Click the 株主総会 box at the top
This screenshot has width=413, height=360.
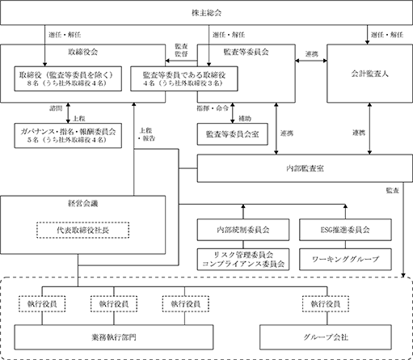tap(206, 13)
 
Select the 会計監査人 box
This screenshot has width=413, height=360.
tap(369, 74)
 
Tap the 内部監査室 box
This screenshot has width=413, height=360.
tap(305, 168)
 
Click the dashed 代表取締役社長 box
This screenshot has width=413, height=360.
tap(82, 230)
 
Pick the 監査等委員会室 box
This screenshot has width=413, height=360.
tap(233, 134)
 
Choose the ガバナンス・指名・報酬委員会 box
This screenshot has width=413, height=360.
tap(68, 135)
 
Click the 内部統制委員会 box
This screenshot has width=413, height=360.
tap(243, 230)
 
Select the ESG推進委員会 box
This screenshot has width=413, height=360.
tap(345, 230)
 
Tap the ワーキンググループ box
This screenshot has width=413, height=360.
tap(345, 259)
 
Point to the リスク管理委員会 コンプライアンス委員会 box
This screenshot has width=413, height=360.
tap(243, 259)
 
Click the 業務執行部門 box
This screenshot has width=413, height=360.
tap(114, 337)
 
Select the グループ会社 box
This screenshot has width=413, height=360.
tap(326, 337)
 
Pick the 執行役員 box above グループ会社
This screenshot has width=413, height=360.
tap(326, 304)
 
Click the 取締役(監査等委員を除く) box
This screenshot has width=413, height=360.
tap(68, 78)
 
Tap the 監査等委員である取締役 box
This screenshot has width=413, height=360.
tap(184, 78)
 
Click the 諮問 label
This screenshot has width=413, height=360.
tap(56, 108)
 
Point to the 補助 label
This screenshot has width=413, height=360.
tap(245, 118)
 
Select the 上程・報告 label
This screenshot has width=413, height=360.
tap(146, 134)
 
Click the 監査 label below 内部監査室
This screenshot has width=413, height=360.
tap(392, 190)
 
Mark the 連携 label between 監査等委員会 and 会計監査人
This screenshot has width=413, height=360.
tap(311, 54)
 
